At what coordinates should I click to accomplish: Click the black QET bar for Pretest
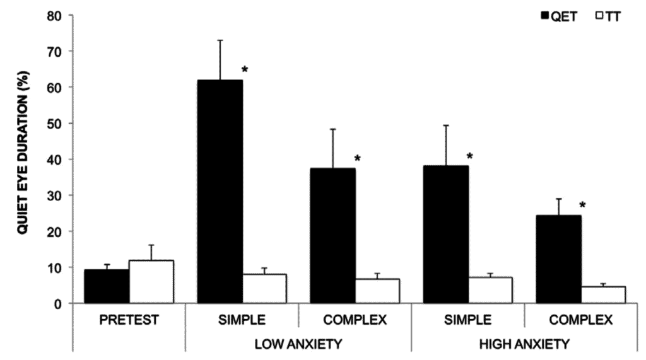pos(107,287)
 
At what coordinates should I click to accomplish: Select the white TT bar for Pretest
pos(151,282)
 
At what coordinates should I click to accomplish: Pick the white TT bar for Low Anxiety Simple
pos(264,289)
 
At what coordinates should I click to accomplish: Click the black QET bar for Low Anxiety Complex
pos(332,236)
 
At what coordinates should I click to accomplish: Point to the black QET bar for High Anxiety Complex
pos(558,259)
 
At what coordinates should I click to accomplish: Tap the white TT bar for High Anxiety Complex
pos(603,295)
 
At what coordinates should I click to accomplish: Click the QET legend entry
pos(559,17)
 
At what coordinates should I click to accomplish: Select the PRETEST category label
pos(129,320)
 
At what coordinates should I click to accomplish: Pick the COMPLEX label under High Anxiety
pos(581,320)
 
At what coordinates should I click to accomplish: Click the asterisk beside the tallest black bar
pos(245,68)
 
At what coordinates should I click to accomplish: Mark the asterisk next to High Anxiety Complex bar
pos(583,205)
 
